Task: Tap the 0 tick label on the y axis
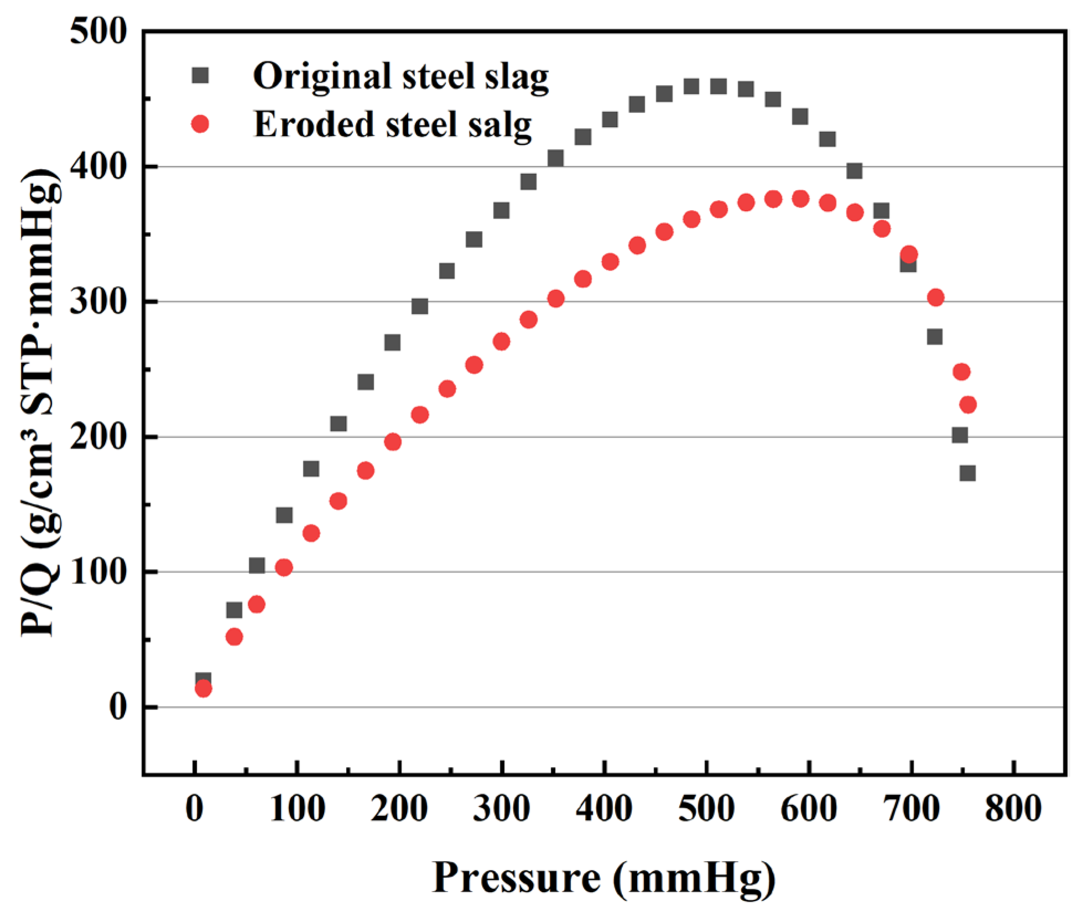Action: click(117, 707)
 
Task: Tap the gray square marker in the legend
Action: click(200, 75)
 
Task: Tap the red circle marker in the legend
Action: click(200, 124)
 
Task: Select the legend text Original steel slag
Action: click(400, 76)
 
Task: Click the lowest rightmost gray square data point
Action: click(967, 473)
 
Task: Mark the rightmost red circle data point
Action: click(968, 405)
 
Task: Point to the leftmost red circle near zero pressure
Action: click(204, 689)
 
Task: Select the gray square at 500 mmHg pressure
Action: click(718, 86)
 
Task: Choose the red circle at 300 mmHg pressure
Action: click(501, 342)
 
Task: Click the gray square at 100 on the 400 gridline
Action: click(854, 171)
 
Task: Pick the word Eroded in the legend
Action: click(314, 125)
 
